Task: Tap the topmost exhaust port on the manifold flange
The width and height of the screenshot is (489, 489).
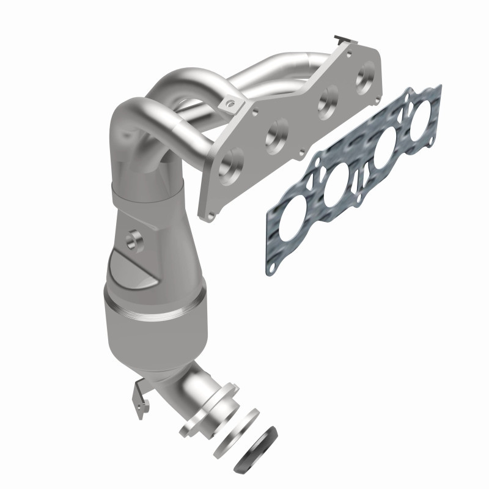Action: (366, 74)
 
